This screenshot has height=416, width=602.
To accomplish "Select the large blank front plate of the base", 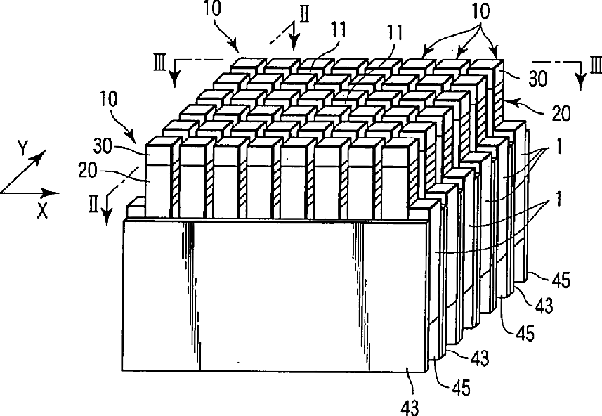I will (274, 295).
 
